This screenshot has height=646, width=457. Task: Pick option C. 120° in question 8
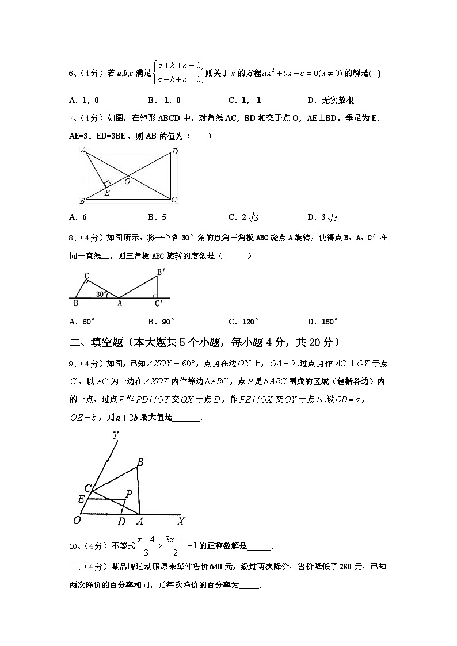click(242, 322)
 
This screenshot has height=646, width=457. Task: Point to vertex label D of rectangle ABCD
click(175, 152)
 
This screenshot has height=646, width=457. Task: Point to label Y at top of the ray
click(115, 437)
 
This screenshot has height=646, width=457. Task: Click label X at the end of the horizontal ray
click(181, 522)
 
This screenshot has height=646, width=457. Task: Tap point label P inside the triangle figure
click(129, 493)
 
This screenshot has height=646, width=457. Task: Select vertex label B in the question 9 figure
click(140, 462)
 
